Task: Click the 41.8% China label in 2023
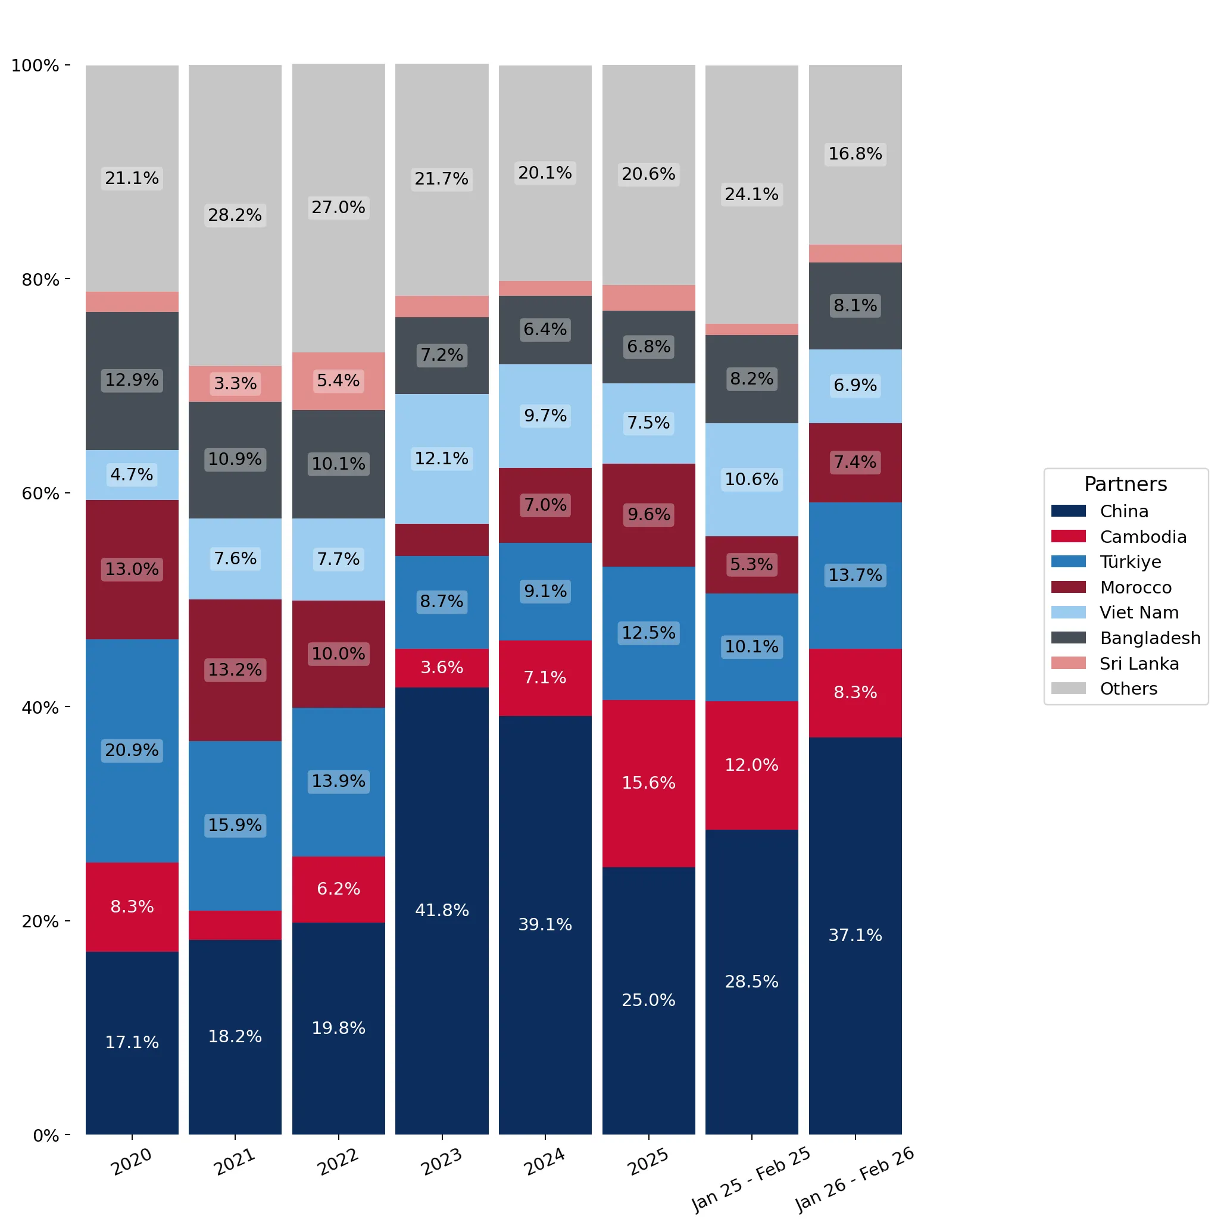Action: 441,910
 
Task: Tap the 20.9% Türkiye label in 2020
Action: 132,749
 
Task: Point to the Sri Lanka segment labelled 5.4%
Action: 339,381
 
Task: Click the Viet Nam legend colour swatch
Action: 1068,612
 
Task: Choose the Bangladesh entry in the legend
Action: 1125,637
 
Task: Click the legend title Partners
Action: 1125,484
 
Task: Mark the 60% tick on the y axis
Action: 67,493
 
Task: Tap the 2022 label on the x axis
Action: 338,1161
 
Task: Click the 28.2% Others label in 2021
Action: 235,215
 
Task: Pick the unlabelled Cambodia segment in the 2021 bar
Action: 235,924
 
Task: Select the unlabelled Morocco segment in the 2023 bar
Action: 441,540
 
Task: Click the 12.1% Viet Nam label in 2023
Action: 441,458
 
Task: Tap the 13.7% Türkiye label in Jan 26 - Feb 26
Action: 855,575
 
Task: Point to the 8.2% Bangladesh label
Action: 751,379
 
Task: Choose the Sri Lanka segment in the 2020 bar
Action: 132,302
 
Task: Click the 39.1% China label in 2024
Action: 545,924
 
